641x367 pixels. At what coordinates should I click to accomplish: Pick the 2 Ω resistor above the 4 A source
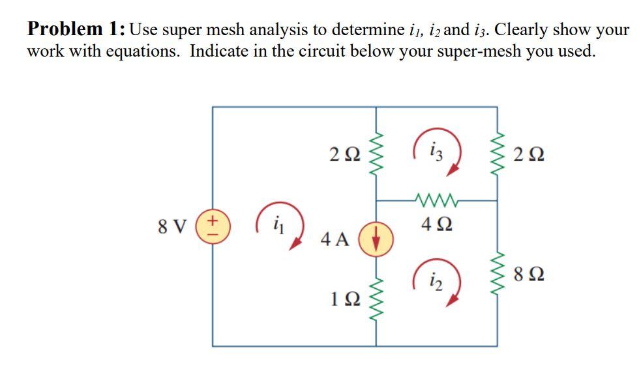coord(377,155)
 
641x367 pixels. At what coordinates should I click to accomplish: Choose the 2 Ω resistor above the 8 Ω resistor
coord(499,155)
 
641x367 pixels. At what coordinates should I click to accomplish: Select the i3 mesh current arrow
coord(438,154)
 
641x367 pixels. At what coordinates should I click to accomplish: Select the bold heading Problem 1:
coord(76,29)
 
